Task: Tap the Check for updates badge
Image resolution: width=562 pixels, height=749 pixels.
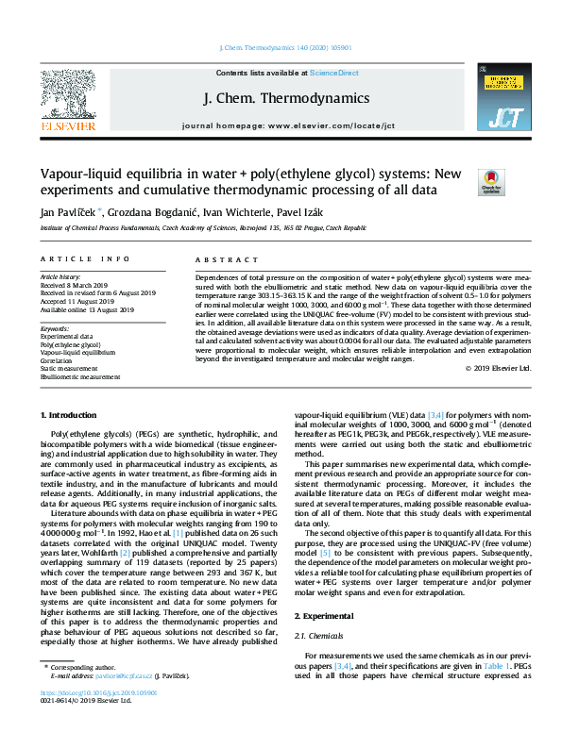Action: [x=492, y=182]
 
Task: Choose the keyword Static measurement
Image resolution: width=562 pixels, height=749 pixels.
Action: [x=74, y=369]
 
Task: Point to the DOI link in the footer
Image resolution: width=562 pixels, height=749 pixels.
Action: [x=90, y=719]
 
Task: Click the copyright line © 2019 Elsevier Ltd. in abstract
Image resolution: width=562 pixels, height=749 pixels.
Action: [x=499, y=368]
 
